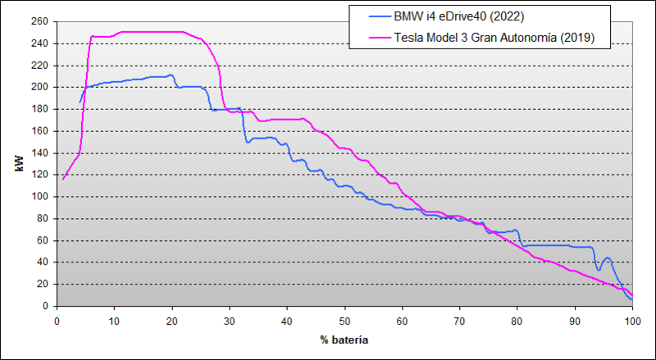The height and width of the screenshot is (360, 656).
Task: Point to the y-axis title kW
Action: pyautogui.click(x=18, y=163)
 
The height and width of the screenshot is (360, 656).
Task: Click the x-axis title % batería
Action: pyautogui.click(x=344, y=339)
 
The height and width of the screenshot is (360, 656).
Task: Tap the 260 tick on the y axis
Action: pyautogui.click(x=39, y=21)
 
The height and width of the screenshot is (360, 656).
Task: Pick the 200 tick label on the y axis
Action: pyautogui.click(x=39, y=87)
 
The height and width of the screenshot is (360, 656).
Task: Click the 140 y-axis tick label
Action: pyautogui.click(x=39, y=153)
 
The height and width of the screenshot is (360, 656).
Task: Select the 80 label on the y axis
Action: pyautogui.click(x=42, y=218)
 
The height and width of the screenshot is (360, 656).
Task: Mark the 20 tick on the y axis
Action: pyautogui.click(x=42, y=284)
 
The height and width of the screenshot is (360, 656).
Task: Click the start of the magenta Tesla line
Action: pyautogui.click(x=63, y=179)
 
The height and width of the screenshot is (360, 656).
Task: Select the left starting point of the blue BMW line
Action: pyautogui.click(x=80, y=103)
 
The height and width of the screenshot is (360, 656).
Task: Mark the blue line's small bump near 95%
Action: pyautogui.click(x=607, y=258)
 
